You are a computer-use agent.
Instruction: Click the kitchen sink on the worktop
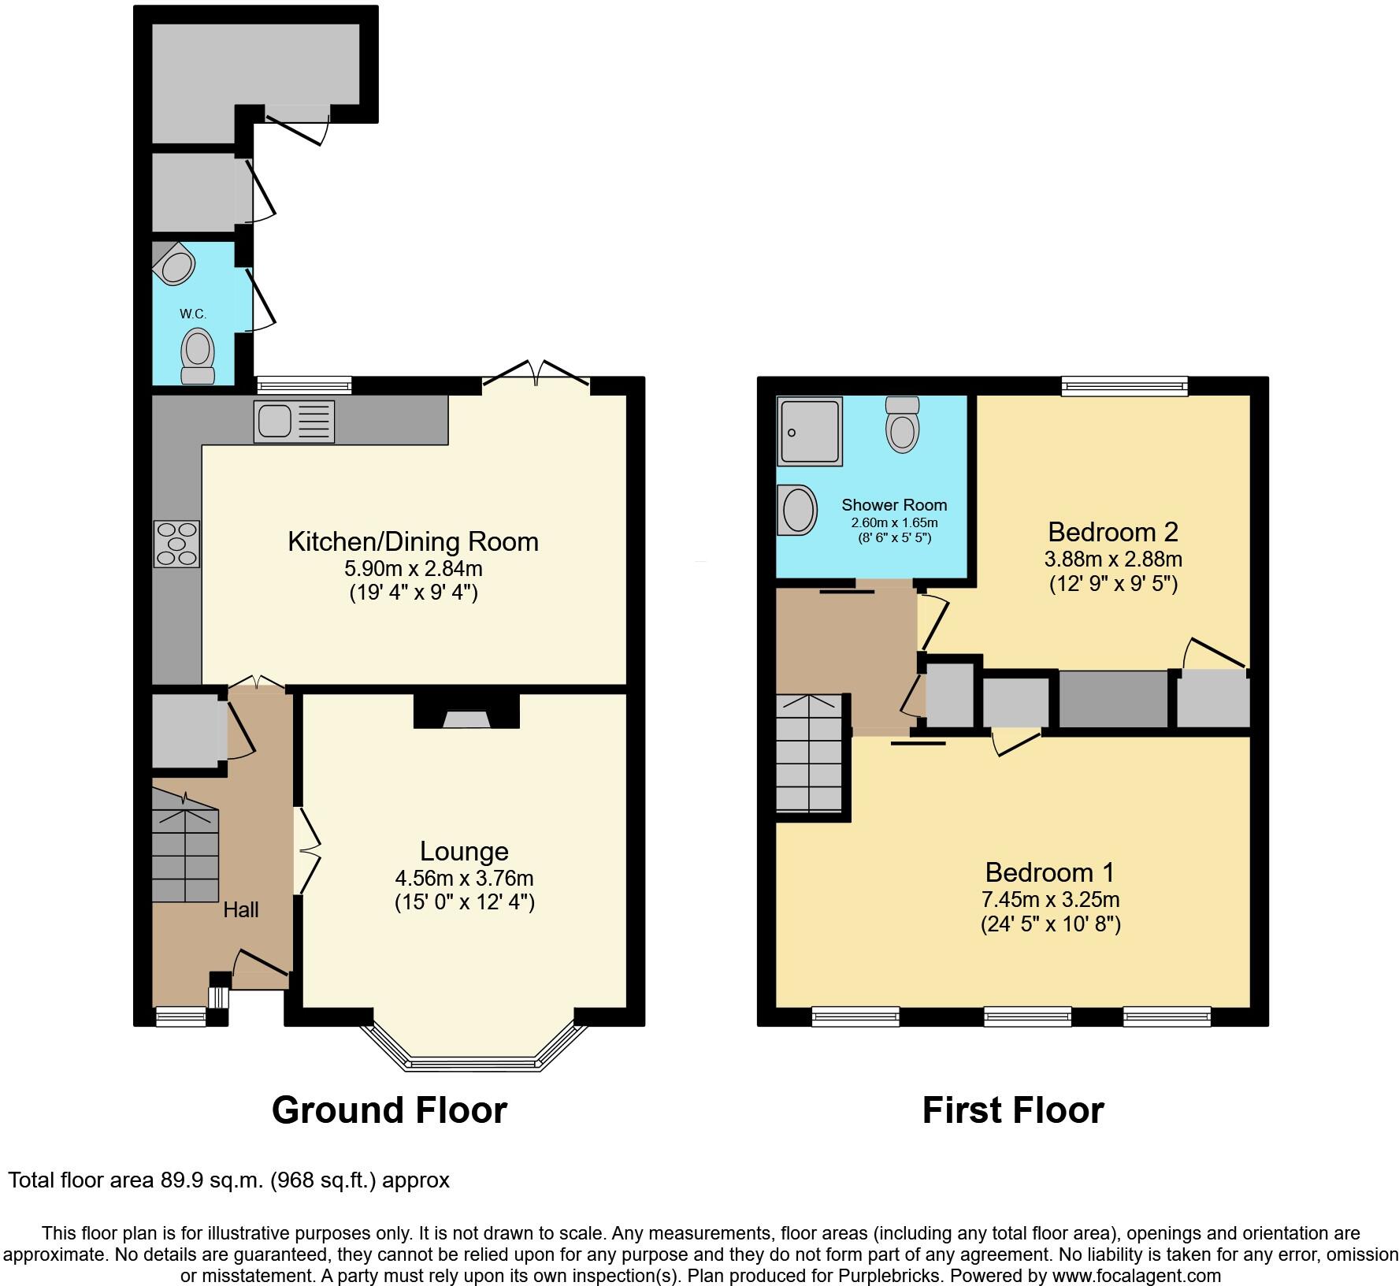click(x=294, y=422)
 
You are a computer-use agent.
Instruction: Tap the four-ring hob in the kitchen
click(x=177, y=544)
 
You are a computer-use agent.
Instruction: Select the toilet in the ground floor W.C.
click(x=198, y=357)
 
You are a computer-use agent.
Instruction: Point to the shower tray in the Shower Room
click(x=810, y=430)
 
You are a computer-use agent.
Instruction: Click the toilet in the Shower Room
click(x=902, y=423)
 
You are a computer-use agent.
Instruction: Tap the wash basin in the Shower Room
click(x=796, y=509)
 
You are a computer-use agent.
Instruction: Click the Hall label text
click(x=240, y=910)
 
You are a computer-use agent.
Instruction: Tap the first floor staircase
click(x=809, y=754)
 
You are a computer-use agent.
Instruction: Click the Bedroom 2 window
click(x=1124, y=385)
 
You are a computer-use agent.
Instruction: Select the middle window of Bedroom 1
click(x=1027, y=1017)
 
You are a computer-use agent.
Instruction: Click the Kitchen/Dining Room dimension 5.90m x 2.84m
click(x=413, y=568)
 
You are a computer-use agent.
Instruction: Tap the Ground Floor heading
click(x=389, y=1110)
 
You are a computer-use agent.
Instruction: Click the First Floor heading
click(x=1013, y=1110)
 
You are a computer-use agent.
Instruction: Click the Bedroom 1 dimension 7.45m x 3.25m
click(x=1050, y=899)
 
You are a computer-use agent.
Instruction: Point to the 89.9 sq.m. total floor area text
click(x=228, y=1180)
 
